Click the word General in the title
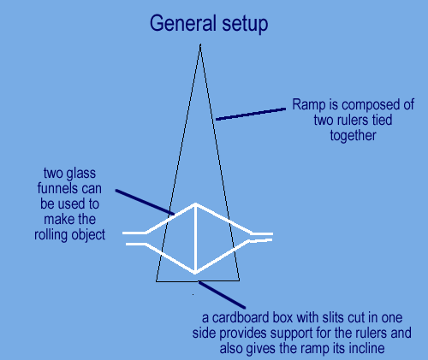point(183,23)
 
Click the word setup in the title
point(245,24)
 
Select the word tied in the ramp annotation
point(382,120)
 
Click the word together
point(353,136)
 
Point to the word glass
point(81,174)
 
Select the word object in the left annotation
point(88,235)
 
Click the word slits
point(335,318)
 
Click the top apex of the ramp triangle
point(200,44)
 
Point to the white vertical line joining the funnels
point(195,239)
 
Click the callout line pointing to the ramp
point(251,114)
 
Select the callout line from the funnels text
point(145,202)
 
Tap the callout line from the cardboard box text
point(222,295)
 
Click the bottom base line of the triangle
point(198,281)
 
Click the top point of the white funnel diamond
point(195,204)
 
